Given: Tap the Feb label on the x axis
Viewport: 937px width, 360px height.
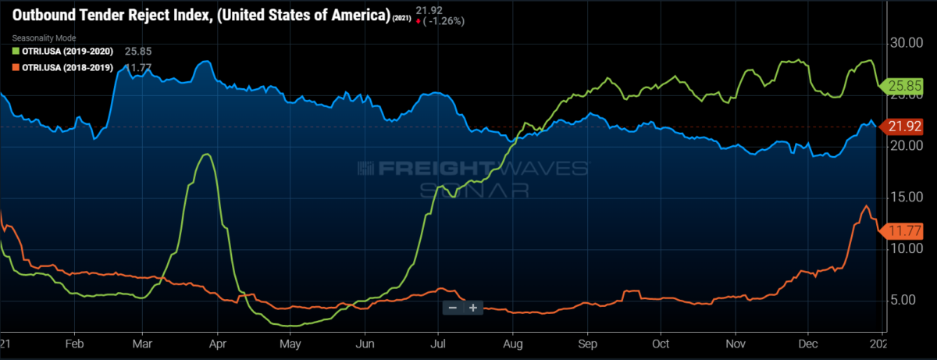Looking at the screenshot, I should (x=74, y=343).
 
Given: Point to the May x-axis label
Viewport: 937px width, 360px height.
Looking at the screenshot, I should (x=290, y=343).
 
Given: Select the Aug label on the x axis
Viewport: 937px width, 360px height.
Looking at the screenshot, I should (x=512, y=343).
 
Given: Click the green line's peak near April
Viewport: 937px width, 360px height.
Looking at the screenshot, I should (x=205, y=155).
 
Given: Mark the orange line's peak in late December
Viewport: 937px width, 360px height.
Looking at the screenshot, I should (x=865, y=206).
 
